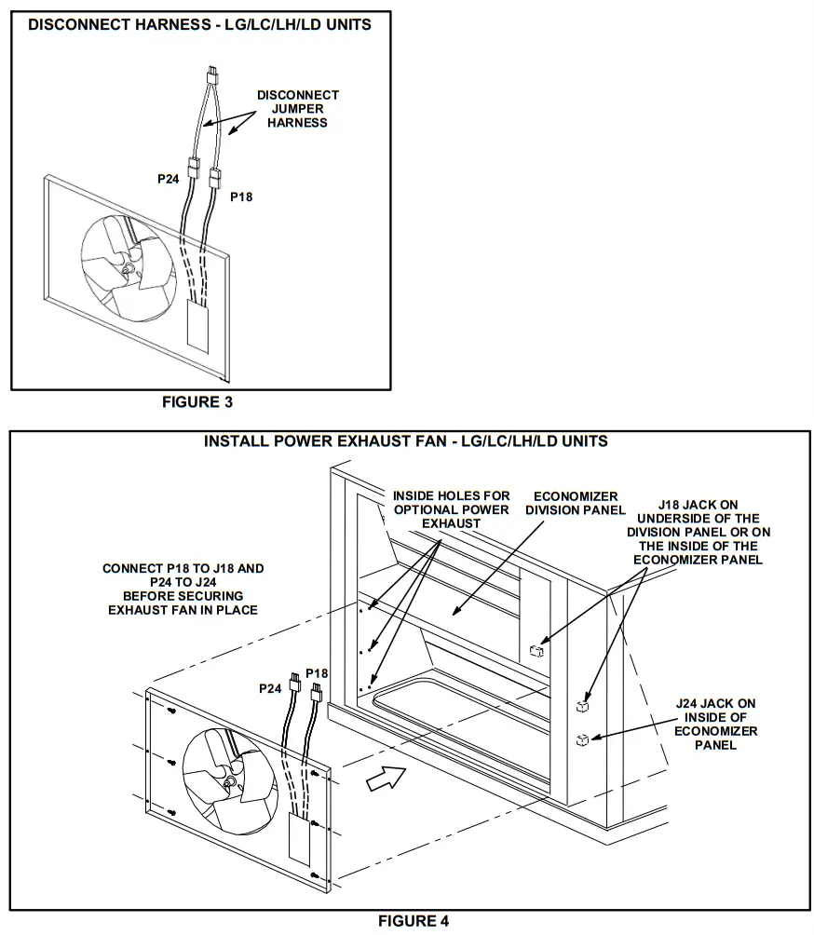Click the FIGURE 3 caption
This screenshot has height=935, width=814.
(x=197, y=402)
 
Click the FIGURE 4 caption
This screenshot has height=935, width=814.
(x=413, y=921)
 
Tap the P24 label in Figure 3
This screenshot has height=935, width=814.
(x=168, y=180)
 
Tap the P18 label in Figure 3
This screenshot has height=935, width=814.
(x=241, y=197)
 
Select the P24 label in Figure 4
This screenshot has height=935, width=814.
(x=271, y=688)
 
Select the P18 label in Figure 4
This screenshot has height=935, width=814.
(x=317, y=673)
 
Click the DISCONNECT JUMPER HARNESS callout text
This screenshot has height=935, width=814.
(x=298, y=109)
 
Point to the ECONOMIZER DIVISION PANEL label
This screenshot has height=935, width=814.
(x=575, y=503)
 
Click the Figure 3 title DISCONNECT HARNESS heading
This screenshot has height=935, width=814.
(x=199, y=25)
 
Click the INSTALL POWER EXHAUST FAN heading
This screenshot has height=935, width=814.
(x=406, y=440)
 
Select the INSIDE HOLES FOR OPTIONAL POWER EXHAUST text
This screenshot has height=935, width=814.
(x=451, y=509)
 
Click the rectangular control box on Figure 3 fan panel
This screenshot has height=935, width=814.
(x=197, y=325)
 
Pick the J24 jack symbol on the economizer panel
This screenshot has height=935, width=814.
(x=581, y=740)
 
